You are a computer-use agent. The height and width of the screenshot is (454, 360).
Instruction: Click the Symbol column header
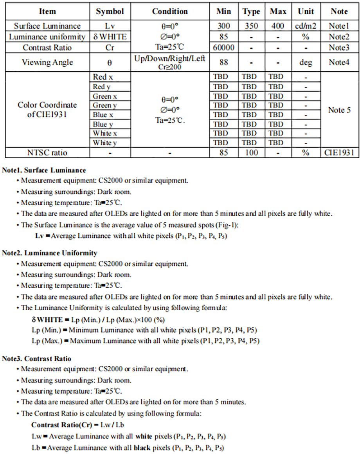(110, 12)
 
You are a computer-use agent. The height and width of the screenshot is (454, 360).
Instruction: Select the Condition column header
(170, 12)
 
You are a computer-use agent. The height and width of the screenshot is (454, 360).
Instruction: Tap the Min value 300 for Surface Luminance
(223, 26)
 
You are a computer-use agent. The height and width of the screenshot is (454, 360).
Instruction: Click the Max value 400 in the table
(278, 26)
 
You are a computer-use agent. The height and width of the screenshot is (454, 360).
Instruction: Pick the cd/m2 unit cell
(306, 26)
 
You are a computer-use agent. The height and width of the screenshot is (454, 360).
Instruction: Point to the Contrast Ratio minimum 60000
(223, 48)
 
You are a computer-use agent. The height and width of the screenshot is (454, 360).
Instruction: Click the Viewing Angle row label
(47, 62)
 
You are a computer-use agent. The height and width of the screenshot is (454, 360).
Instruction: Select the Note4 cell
(338, 62)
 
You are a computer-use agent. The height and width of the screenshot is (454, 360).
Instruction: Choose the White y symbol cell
(104, 143)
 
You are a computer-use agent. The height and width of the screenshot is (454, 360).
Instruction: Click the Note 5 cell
(339, 110)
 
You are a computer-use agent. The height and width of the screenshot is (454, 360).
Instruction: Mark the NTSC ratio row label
(47, 153)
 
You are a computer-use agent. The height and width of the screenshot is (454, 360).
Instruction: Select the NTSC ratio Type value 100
(251, 153)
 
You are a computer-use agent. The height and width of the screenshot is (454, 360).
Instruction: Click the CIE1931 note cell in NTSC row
(339, 153)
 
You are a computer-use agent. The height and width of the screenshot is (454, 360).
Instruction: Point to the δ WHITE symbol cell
(110, 37)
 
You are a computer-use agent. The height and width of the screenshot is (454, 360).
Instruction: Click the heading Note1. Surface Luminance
(44, 170)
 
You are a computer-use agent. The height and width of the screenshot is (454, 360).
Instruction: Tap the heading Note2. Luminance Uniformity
(50, 253)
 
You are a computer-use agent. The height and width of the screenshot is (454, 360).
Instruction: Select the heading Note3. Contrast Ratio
(37, 358)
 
